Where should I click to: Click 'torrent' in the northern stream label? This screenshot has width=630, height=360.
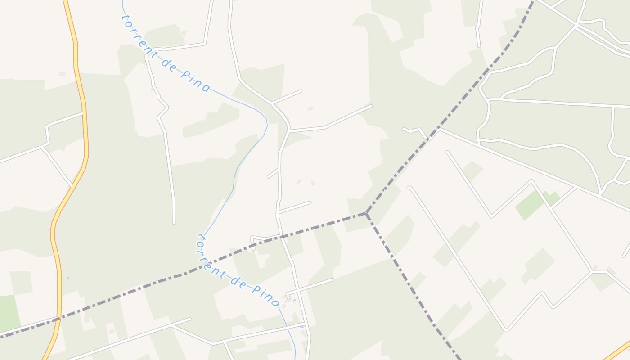click(x=138, y=34)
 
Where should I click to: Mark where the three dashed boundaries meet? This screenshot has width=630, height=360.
click(x=366, y=213)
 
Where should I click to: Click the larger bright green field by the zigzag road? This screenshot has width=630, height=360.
click(x=530, y=205)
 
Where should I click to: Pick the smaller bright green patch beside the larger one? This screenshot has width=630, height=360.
click(x=552, y=198)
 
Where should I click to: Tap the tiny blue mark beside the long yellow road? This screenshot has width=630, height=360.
click(x=68, y=278)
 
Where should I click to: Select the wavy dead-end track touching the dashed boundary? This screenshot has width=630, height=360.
click(x=414, y=130)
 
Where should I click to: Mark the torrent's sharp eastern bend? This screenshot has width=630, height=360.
click(x=266, y=121)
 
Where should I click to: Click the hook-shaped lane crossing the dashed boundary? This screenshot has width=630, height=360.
click(x=259, y=238)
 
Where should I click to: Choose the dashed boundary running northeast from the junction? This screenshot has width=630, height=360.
click(x=450, y=112)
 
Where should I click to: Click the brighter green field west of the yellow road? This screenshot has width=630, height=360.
click(x=9, y=313)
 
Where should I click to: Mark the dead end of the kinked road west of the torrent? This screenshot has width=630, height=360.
click(x=174, y=222)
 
